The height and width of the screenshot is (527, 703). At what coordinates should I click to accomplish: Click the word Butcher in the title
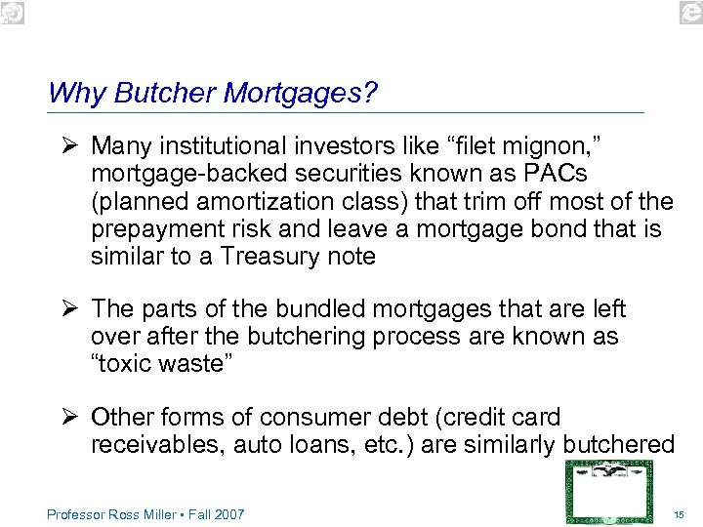coord(166,93)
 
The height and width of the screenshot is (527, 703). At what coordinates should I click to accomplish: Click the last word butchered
coord(617,445)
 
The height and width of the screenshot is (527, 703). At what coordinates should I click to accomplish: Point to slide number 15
coord(680,514)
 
